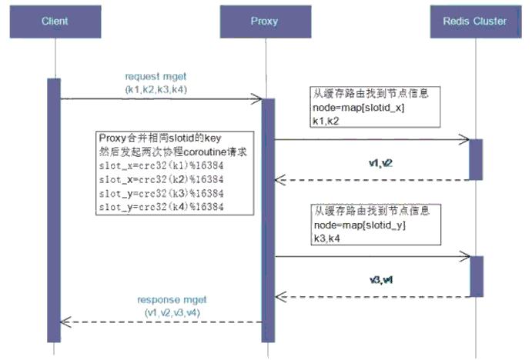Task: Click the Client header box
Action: (54, 21)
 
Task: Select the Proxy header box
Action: (266, 21)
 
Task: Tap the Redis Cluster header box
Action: (477, 21)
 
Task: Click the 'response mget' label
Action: (172, 299)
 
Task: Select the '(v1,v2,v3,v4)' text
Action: (172, 312)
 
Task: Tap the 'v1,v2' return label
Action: (380, 164)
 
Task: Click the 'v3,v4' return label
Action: (380, 280)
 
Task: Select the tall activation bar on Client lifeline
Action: (54, 208)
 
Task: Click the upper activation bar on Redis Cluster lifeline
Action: (476, 159)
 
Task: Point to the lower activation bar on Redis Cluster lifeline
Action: (476, 275)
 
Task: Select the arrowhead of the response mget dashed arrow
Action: (65, 322)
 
